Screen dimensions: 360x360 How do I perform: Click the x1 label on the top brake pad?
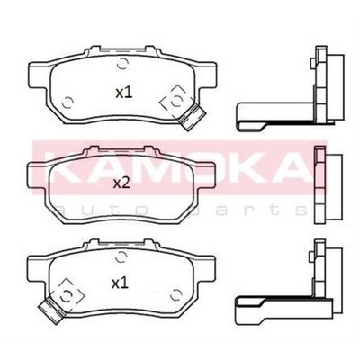[x=124, y=93]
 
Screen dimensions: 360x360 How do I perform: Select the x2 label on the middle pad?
[x=121, y=184]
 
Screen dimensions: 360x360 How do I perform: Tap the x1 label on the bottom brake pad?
[x=120, y=283]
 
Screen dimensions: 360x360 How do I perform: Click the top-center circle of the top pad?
[x=122, y=63]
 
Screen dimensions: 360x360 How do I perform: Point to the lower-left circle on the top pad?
[x=67, y=103]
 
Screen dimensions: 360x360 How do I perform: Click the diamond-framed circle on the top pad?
[x=176, y=102]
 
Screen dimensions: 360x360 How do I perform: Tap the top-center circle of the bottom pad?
[x=121, y=256]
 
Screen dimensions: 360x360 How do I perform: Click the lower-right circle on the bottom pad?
[x=175, y=295]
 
